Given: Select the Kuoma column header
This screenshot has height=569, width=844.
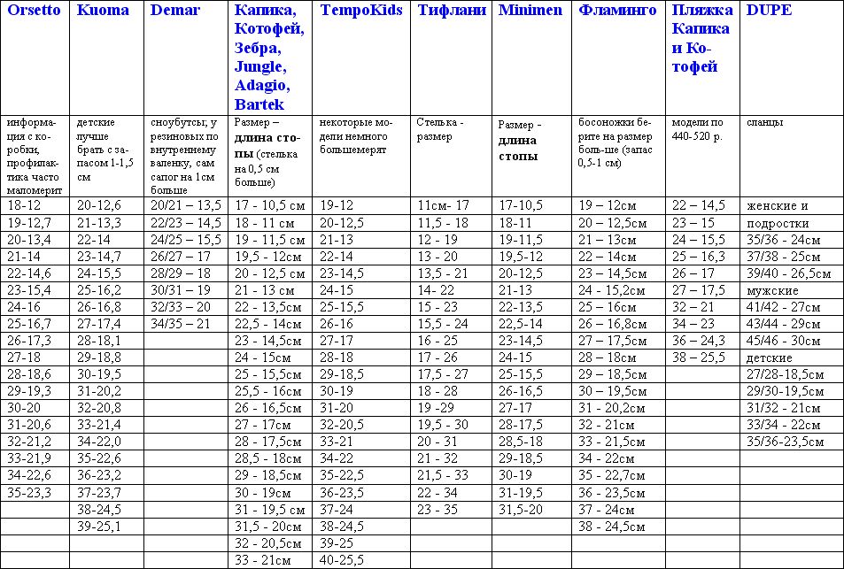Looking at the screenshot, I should (x=103, y=11).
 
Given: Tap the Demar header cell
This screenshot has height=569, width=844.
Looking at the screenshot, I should (x=175, y=11).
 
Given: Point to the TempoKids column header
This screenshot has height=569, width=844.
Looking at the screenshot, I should (x=360, y=11).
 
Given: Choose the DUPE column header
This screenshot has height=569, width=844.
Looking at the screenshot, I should (x=769, y=11).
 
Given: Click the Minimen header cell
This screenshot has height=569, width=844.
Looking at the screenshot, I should (x=531, y=11).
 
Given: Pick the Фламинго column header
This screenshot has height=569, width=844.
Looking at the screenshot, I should (x=617, y=11).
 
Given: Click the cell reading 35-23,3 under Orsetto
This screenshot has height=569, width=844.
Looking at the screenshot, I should (x=29, y=492).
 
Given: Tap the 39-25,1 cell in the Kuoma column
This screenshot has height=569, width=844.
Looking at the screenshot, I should (x=100, y=526).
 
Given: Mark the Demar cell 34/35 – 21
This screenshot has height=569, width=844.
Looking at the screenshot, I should (x=180, y=324).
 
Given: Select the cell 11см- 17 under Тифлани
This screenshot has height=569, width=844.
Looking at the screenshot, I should (x=443, y=206).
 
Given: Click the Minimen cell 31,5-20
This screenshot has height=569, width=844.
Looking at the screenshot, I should (x=521, y=509).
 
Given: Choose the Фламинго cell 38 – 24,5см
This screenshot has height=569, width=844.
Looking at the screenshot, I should (x=612, y=526).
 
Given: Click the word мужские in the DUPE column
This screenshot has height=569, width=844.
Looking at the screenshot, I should (x=773, y=290).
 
